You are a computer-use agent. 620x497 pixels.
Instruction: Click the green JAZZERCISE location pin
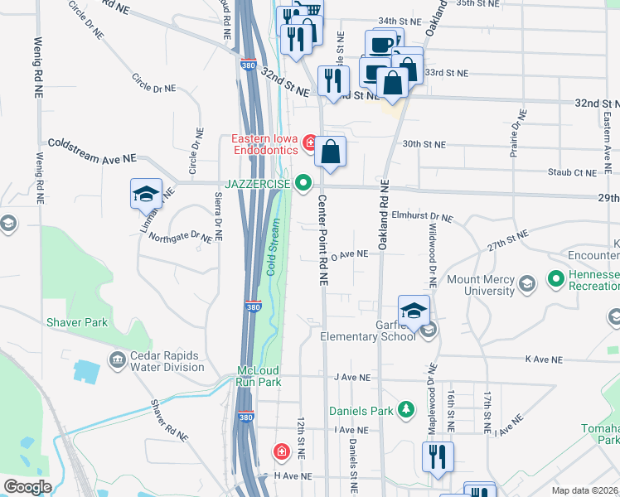[x=304, y=183]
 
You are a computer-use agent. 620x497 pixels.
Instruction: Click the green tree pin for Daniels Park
[x=405, y=409]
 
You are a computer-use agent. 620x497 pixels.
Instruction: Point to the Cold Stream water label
[x=272, y=247]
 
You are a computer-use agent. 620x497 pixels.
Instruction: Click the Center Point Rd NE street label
[x=323, y=240]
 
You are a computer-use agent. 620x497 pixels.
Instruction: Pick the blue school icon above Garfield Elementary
[x=414, y=311]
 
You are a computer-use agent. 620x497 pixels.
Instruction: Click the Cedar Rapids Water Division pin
[x=117, y=359]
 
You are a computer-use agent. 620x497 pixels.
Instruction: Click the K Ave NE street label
[x=543, y=360]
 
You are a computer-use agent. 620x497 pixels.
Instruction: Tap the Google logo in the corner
[x=28, y=487]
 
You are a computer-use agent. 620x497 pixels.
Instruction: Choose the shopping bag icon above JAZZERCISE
[x=329, y=152]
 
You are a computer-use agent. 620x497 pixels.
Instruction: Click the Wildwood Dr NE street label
[x=432, y=250]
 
